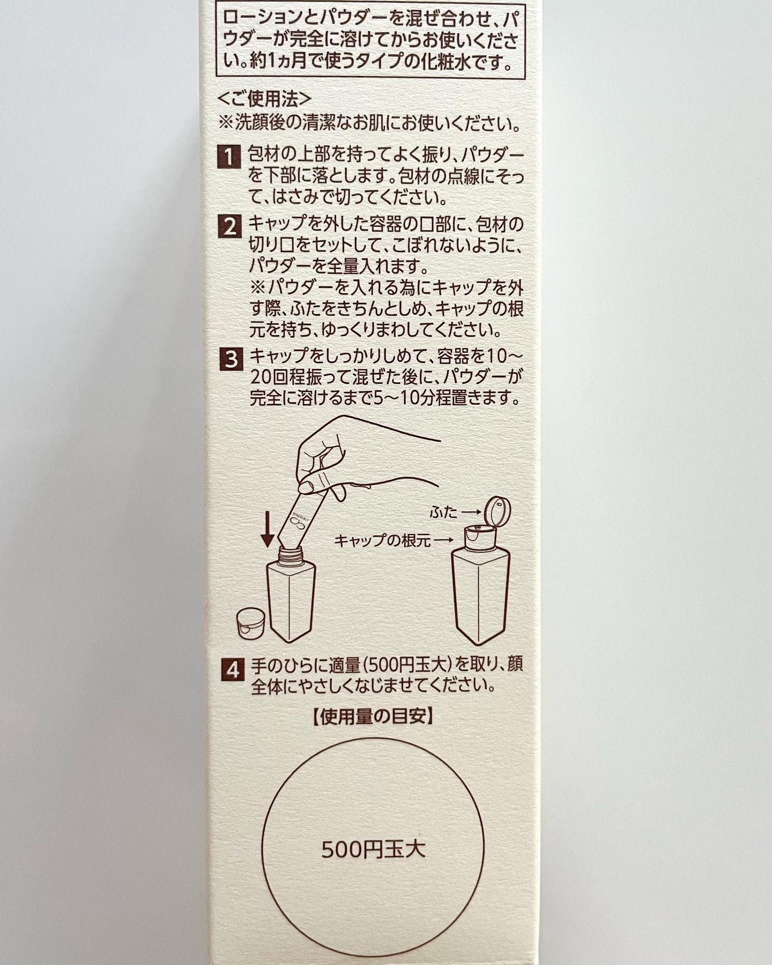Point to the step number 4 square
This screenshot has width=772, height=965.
(232, 670)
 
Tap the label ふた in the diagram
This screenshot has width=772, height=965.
(444, 513)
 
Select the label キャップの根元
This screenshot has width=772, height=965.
(382, 541)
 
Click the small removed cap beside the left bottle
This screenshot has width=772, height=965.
(253, 623)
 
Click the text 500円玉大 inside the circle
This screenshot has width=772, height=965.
(374, 849)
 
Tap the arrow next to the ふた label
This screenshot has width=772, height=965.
(471, 513)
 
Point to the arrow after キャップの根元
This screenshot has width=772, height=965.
(443, 541)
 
